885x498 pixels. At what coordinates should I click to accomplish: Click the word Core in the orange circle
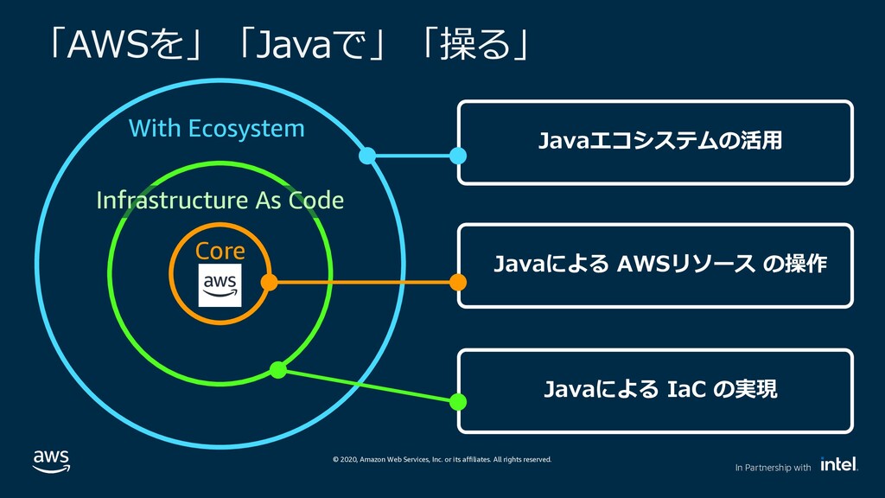point(220,252)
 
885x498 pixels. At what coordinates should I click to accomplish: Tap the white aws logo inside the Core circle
point(220,285)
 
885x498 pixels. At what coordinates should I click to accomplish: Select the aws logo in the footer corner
point(51,462)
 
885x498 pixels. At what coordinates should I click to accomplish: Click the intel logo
point(839,463)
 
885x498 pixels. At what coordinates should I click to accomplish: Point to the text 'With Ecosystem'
point(217,128)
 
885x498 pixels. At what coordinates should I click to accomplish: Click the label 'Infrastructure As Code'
point(220,201)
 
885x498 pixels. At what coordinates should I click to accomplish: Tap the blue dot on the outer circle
point(367,156)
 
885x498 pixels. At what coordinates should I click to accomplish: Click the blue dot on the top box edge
point(458,156)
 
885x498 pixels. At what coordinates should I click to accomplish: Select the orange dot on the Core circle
point(270,282)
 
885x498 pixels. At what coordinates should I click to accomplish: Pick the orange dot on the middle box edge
point(458,282)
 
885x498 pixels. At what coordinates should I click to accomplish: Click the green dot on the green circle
point(277,370)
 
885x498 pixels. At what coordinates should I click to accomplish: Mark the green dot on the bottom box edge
point(458,401)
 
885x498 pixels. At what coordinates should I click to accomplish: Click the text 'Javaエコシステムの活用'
point(659,140)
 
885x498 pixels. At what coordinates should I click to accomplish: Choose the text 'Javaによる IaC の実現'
point(660,389)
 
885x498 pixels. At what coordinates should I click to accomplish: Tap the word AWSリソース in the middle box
point(685,264)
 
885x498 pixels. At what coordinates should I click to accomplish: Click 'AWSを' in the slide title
point(126,45)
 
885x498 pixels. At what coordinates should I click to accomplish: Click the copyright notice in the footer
point(442,460)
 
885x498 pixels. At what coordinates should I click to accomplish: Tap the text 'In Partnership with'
point(773,468)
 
